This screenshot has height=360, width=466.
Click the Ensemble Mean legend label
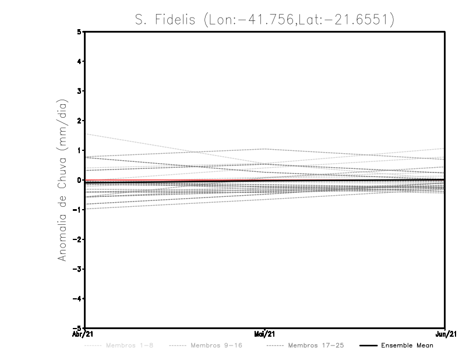pos(407,345)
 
